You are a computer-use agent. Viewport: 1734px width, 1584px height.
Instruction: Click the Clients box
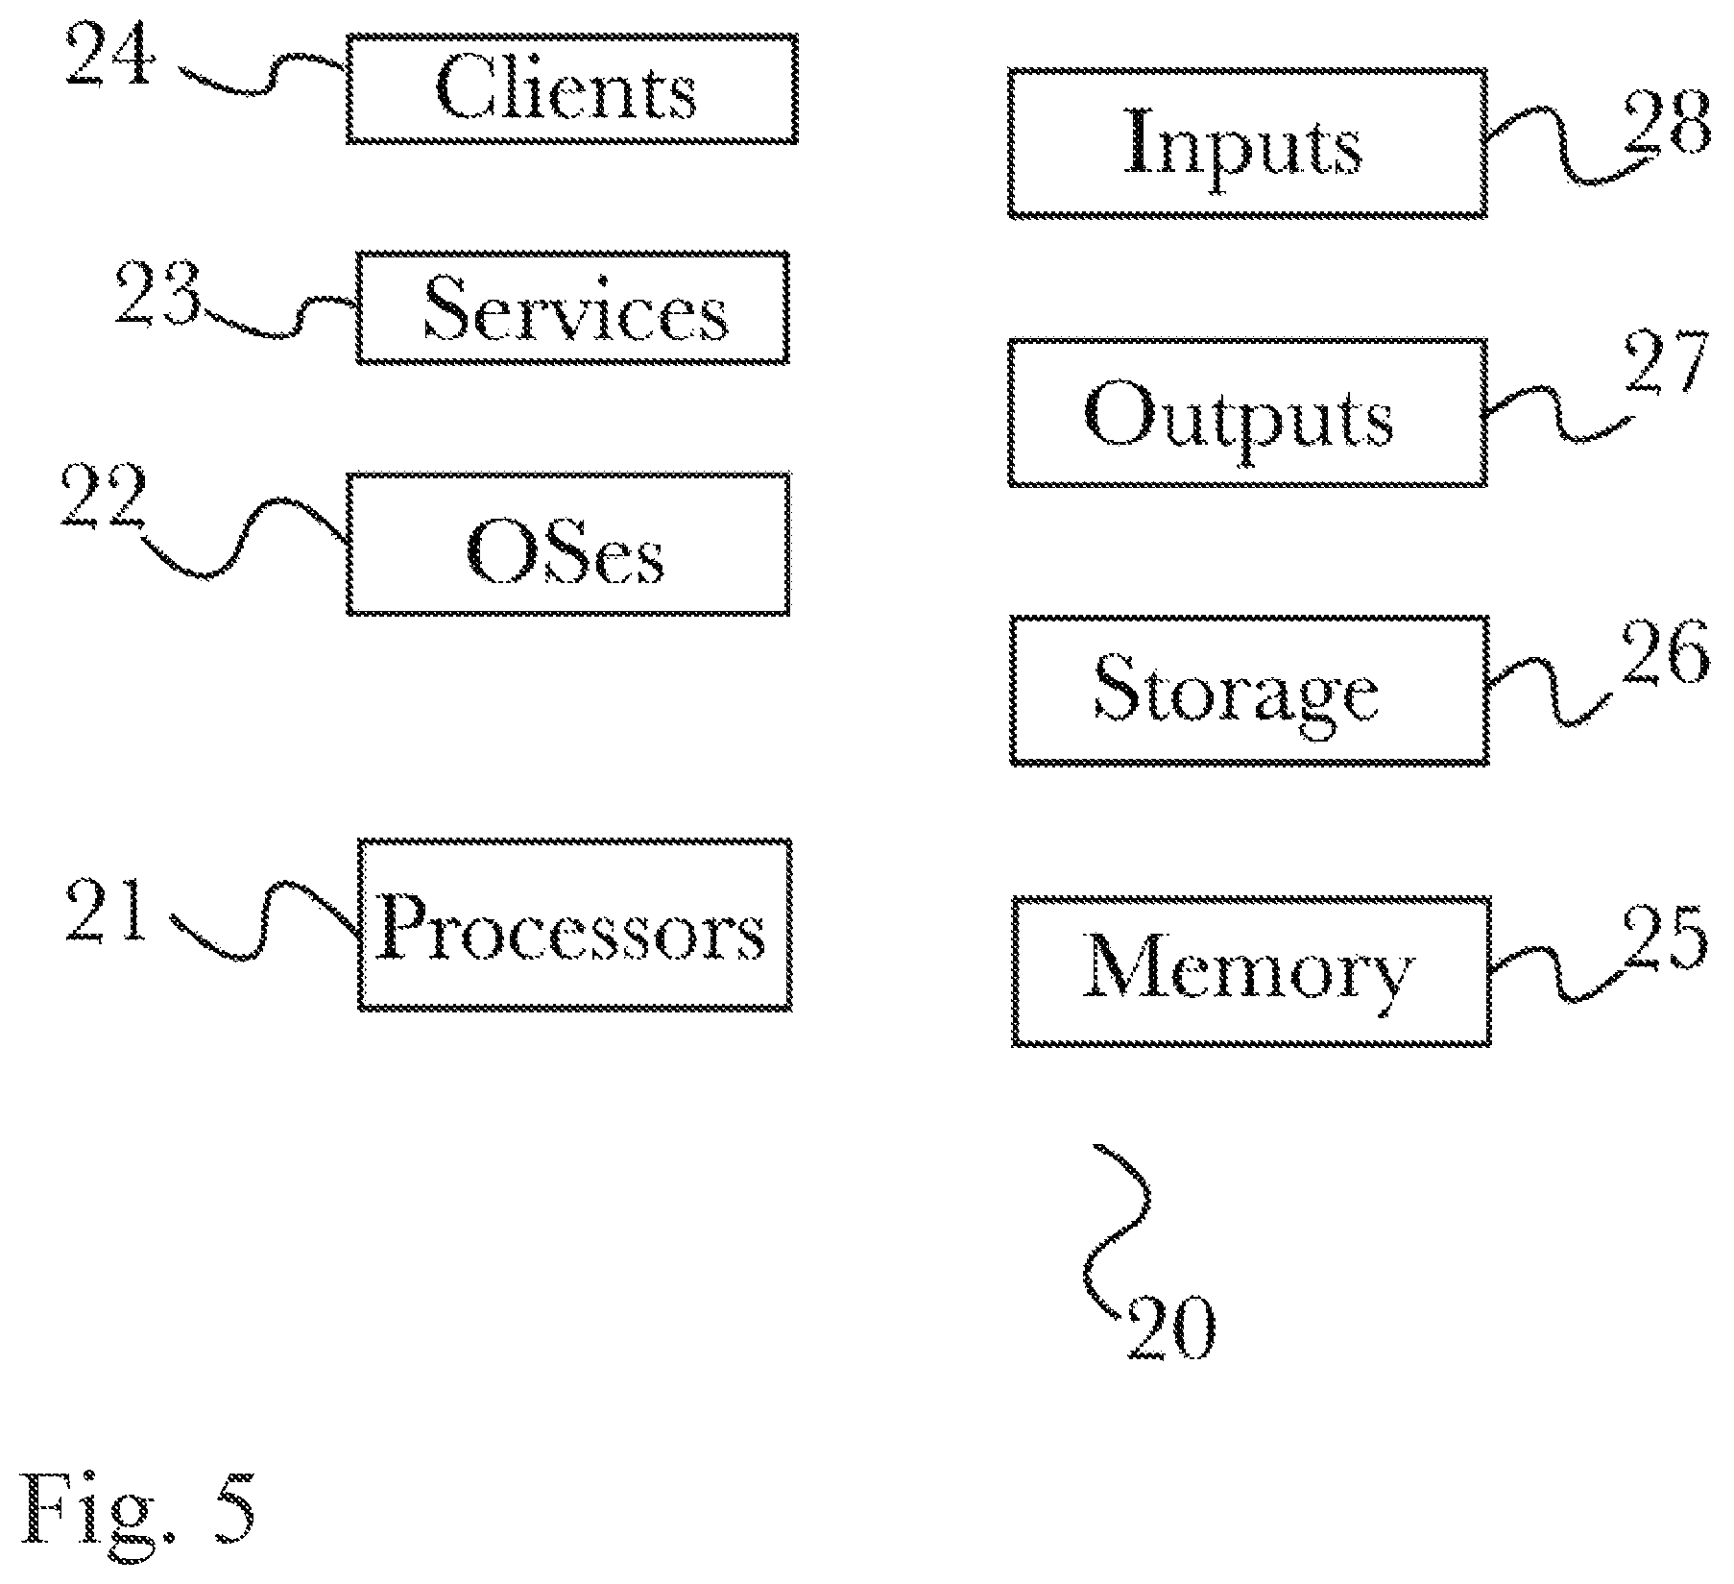(x=571, y=88)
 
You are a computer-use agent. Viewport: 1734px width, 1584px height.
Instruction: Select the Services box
(x=573, y=307)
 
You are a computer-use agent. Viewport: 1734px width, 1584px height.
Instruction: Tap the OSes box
(x=568, y=544)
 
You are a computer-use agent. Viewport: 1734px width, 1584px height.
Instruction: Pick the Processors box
(x=575, y=925)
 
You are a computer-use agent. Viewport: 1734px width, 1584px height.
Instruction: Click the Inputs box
(x=1247, y=142)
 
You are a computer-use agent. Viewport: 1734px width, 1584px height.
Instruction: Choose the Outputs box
(x=1247, y=412)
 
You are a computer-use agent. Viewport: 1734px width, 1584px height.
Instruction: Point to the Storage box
(x=1249, y=691)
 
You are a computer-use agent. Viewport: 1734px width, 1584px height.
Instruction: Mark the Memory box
(x=1251, y=971)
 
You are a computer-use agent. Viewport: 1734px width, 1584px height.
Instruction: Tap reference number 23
(x=158, y=292)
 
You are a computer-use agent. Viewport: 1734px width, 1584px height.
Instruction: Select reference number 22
(x=103, y=496)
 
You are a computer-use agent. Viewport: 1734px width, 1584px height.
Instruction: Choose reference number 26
(x=1666, y=650)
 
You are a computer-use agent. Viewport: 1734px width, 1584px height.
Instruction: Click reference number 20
(x=1171, y=1328)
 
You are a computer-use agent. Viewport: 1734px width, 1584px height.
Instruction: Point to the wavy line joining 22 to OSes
(x=245, y=538)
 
